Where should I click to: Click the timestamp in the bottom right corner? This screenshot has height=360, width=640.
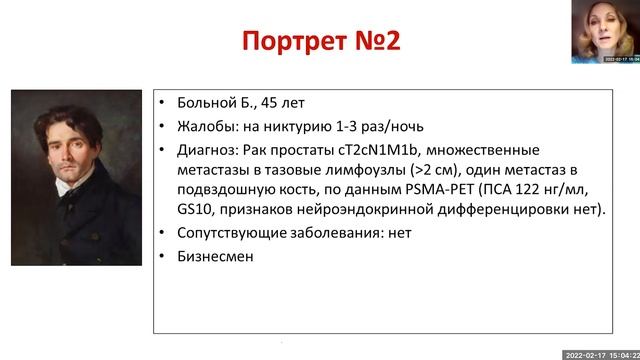click(x=597, y=354)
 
